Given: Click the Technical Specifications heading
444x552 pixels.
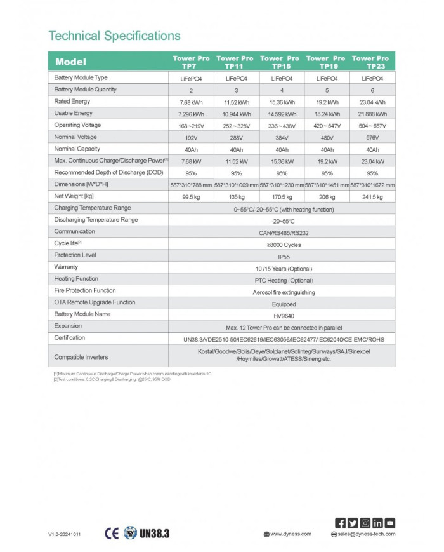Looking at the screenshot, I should click(114, 36).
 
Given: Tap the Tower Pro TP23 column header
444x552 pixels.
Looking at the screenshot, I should click(371, 62).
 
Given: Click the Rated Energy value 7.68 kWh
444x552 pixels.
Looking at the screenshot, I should click(190, 102).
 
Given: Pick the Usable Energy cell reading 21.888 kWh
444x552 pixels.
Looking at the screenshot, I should click(372, 113).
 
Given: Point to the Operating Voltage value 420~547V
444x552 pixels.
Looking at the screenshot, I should click(327, 125).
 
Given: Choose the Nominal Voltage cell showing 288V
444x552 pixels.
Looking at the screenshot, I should click(235, 137).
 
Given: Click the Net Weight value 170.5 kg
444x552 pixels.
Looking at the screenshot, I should click(281, 197).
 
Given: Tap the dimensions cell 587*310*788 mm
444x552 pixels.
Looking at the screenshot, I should click(190, 185).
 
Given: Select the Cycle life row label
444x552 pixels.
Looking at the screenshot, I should click(68, 243).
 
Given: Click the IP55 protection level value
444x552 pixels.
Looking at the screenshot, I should click(281, 255).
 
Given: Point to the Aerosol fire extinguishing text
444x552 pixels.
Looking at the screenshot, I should click(281, 292).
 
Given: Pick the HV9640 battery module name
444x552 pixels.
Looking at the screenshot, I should click(281, 316).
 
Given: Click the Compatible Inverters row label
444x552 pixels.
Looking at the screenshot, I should click(79, 356).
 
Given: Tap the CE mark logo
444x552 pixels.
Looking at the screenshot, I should click(112, 532).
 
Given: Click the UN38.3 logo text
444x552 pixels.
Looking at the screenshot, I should click(154, 532).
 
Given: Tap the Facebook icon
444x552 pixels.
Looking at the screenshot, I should click(341, 523).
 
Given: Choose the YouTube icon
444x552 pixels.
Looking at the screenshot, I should click(390, 523).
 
